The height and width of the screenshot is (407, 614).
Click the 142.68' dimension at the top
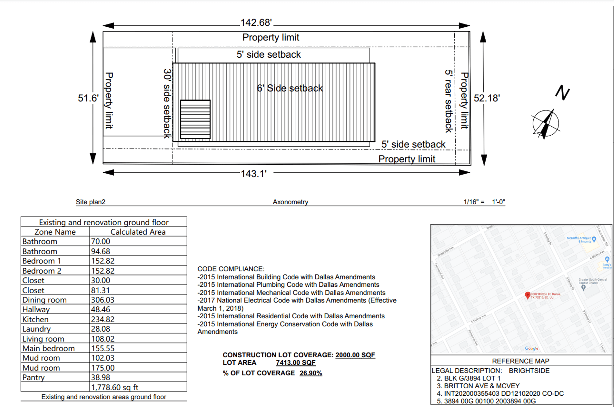pyautogui.click(x=256, y=23)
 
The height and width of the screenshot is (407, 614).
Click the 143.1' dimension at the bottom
pyautogui.click(x=254, y=174)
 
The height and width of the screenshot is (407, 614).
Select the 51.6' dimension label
pyautogui.click(x=88, y=98)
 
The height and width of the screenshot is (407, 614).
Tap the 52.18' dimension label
pyautogui.click(x=487, y=98)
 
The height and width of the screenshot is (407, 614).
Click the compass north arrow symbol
pyautogui.click(x=546, y=124)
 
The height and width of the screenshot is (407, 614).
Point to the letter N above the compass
pyautogui.click(x=562, y=93)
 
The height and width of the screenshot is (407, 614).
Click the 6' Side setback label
pyautogui.click(x=290, y=88)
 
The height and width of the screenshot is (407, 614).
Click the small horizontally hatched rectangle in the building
pyautogui.click(x=195, y=119)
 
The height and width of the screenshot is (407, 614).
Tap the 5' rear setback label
pyautogui.click(x=449, y=101)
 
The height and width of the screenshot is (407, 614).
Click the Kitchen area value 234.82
pyautogui.click(x=103, y=319)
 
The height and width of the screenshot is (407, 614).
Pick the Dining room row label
pyautogui.click(x=45, y=300)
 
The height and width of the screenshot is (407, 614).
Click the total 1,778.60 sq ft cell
pyautogui.click(x=115, y=387)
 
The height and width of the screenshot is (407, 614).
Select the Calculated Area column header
pyautogui.click(x=138, y=232)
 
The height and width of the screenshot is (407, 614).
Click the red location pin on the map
pyautogui.click(x=527, y=295)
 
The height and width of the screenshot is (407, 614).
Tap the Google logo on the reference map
pyautogui.click(x=531, y=348)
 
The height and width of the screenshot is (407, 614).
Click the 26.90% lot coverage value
pyautogui.click(x=311, y=373)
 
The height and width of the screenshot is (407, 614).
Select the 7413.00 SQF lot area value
pyautogui.click(x=295, y=363)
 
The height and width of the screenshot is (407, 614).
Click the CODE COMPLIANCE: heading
pyautogui.click(x=231, y=269)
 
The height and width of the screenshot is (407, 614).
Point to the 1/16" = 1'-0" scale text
pyautogui.click(x=484, y=202)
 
